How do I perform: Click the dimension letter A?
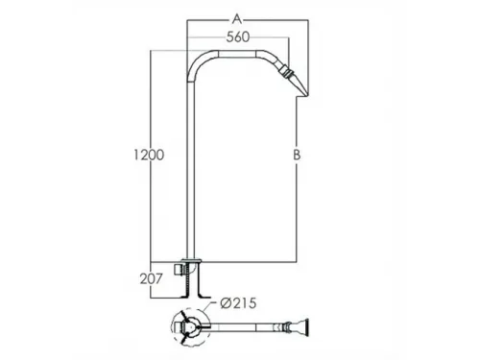click(x=237, y=19)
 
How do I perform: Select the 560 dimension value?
click(x=238, y=37)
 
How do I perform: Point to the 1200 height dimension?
click(x=149, y=155)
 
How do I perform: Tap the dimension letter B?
click(x=297, y=155)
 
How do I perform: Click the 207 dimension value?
click(x=152, y=279)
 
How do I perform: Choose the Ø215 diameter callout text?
click(x=238, y=303)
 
